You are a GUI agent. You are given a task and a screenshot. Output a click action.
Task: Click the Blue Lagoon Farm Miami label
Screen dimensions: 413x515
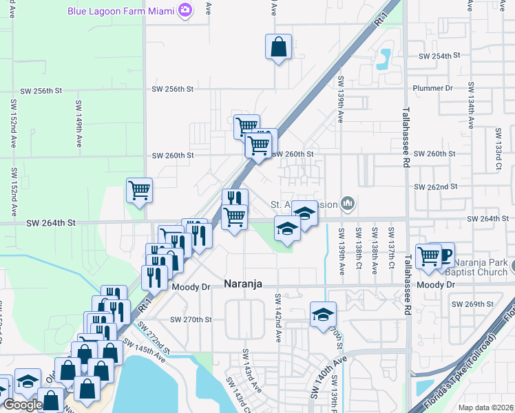tap(120, 10)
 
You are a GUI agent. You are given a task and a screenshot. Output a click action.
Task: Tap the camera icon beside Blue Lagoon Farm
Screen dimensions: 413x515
tap(185, 10)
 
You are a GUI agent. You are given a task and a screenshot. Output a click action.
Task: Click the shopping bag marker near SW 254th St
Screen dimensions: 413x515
tap(279, 47)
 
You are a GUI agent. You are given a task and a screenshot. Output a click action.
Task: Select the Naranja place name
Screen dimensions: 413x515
tap(244, 284)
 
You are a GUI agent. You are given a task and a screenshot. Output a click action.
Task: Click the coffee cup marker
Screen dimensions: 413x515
tap(445, 255)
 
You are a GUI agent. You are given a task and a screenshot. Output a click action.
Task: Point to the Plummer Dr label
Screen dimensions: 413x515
tap(432, 88)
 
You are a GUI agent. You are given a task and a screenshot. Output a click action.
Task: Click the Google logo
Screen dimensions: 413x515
tap(22, 405)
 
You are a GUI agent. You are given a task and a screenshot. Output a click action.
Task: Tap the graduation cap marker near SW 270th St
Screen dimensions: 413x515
tap(322, 315)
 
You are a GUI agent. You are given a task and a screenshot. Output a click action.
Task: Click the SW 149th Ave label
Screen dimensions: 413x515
tap(79, 131)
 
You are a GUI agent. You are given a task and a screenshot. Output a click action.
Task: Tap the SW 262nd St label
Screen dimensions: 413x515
tap(436, 187)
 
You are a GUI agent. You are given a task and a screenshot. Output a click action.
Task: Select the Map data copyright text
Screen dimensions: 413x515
tap(486, 407)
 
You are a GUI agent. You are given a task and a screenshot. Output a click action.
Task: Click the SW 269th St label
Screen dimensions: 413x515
tap(472, 304)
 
